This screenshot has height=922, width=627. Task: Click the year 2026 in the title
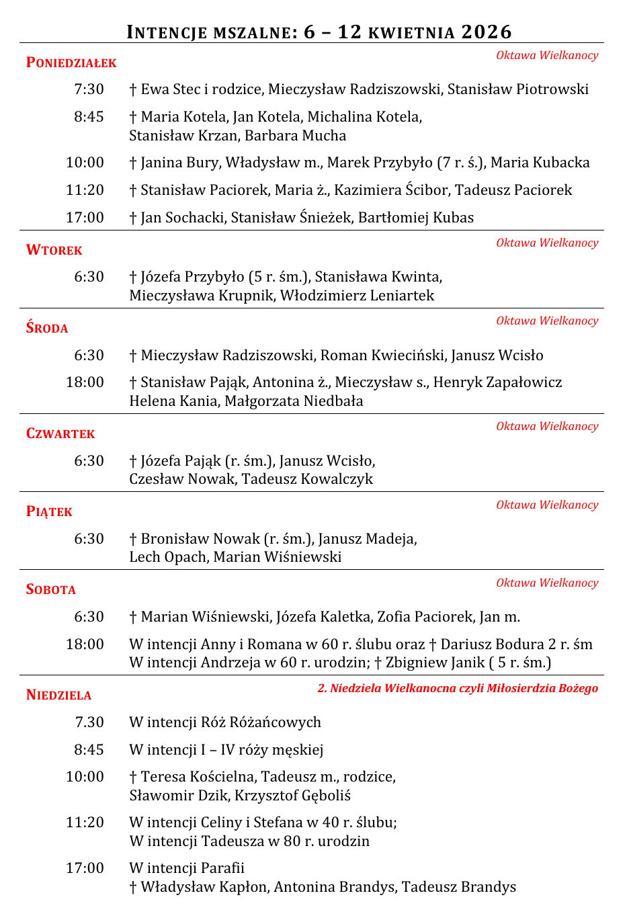pyautogui.click(x=486, y=32)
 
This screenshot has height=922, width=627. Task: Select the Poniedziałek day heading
pyautogui.click(x=71, y=62)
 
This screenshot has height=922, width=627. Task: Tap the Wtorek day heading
pyautogui.click(x=54, y=250)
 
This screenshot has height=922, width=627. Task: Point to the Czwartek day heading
pyautogui.click(x=60, y=433)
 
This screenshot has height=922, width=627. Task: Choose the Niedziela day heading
pyautogui.click(x=58, y=695)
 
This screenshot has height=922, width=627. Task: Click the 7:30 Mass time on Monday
pyautogui.click(x=89, y=89)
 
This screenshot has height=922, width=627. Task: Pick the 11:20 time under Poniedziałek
pyautogui.click(x=85, y=190)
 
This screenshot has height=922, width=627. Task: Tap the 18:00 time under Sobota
pyautogui.click(x=85, y=644)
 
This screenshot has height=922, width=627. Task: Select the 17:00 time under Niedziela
pyautogui.click(x=85, y=868)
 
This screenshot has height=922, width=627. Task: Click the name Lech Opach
pyautogui.click(x=167, y=557)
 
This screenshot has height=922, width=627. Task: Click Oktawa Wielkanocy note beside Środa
pyautogui.click(x=547, y=321)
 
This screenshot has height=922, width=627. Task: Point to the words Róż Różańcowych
pyautogui.click(x=261, y=722)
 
